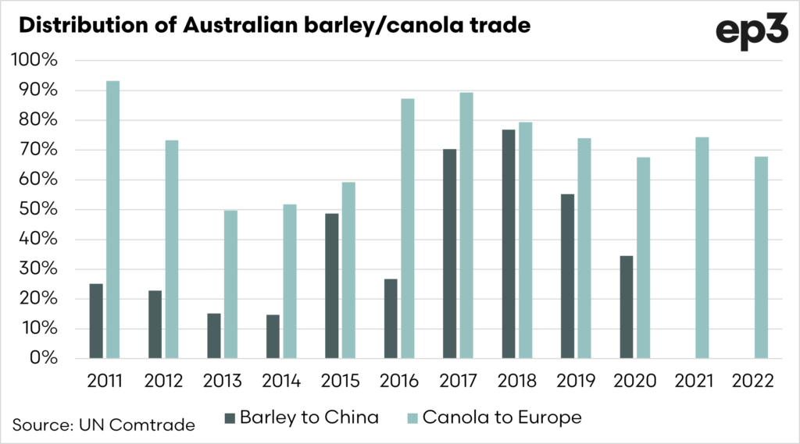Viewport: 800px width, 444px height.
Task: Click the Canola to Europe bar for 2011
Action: click(x=112, y=219)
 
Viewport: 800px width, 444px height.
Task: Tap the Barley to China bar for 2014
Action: click(x=272, y=336)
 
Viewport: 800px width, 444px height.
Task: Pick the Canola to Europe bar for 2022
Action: click(x=761, y=258)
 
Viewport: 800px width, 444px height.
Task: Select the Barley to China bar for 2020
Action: click(x=626, y=307)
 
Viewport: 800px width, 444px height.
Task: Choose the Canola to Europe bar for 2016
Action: click(x=407, y=229)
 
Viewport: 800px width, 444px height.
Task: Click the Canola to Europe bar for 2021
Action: click(x=702, y=247)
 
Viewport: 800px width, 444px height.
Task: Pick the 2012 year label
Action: click(x=163, y=382)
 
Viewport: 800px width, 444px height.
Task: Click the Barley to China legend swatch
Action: click(x=229, y=417)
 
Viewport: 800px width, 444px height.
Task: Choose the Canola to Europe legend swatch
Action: click(x=412, y=417)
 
